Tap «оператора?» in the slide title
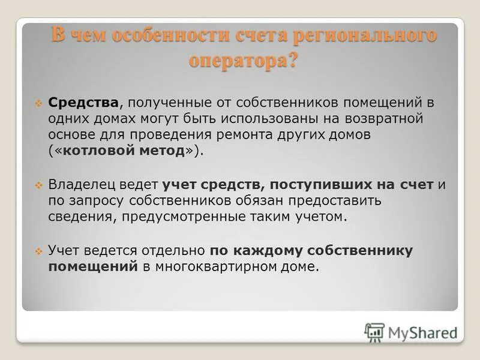tap(243, 61)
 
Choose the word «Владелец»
tap(82, 184)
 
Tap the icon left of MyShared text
tap(374, 332)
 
